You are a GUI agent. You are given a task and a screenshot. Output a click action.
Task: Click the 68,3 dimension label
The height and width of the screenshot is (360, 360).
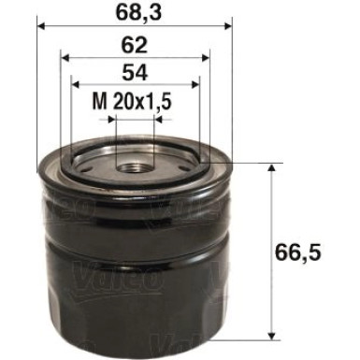(x=134, y=14)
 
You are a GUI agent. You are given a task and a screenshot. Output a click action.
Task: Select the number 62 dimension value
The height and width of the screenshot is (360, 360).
(x=134, y=45)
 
